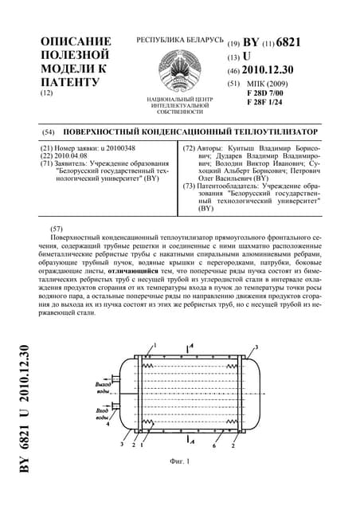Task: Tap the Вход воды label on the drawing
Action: click(x=103, y=414)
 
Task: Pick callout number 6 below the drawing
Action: click(x=213, y=444)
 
